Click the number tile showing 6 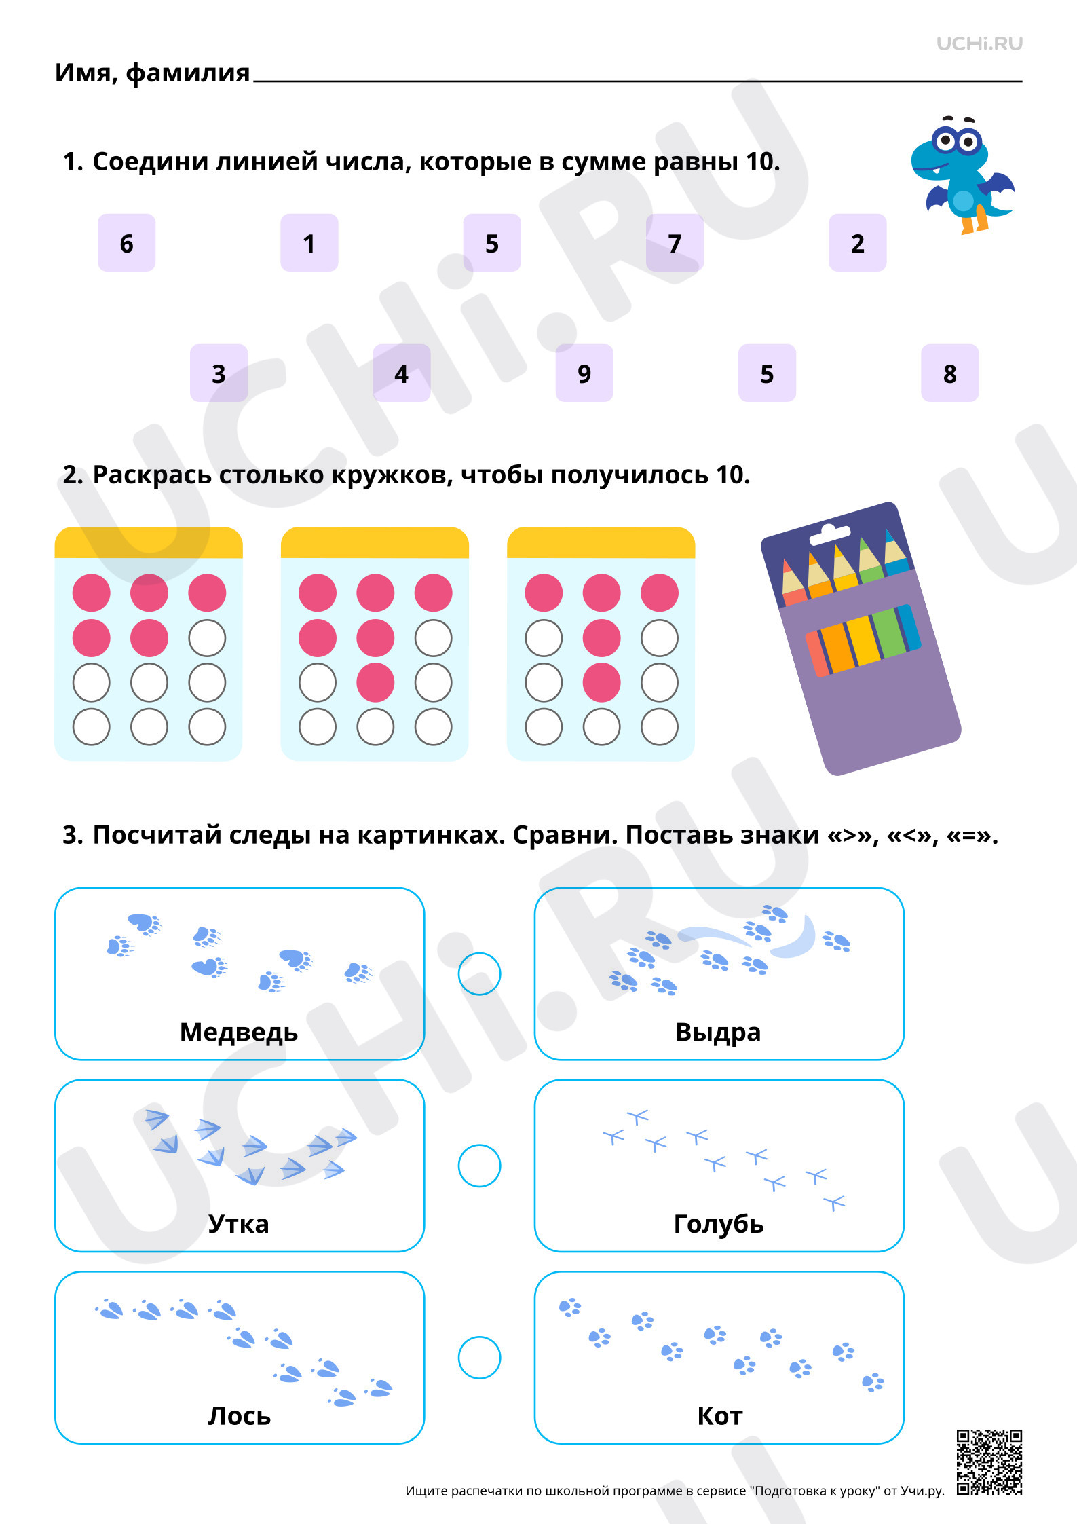(126, 242)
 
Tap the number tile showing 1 (309, 242)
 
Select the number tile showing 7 (675, 242)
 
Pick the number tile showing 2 (857, 242)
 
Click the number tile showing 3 (219, 373)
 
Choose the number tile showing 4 (401, 373)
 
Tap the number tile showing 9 (584, 373)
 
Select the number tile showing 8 (949, 373)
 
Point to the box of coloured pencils (861, 638)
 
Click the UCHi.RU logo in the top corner (979, 43)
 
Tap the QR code (989, 1462)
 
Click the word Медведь (239, 1032)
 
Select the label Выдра (718, 1032)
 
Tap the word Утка (239, 1223)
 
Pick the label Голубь (719, 1223)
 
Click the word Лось (239, 1415)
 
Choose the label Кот (719, 1415)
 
